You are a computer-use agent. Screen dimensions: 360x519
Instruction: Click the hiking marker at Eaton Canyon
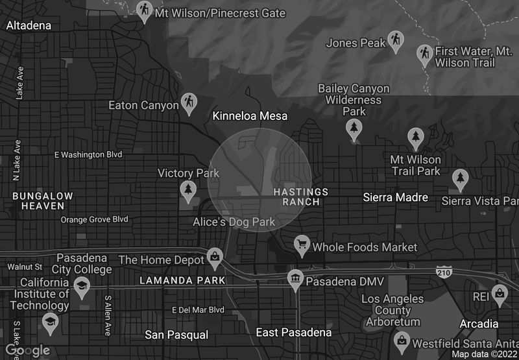tap(189, 102)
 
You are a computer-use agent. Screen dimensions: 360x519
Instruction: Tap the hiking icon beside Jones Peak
tap(396, 41)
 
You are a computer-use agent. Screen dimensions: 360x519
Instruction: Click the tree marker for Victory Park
tap(188, 189)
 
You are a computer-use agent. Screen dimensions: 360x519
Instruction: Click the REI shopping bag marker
tap(500, 293)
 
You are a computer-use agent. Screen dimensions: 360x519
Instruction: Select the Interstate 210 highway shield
tap(444, 269)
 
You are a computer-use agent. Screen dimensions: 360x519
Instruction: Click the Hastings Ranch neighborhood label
tap(296, 197)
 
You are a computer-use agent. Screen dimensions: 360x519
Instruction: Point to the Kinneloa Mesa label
tap(250, 116)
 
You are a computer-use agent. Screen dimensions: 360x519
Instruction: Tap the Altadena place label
tap(29, 25)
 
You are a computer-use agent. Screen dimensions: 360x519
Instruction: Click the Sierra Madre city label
tap(395, 197)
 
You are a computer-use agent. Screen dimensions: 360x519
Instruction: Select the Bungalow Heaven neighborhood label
tap(38, 200)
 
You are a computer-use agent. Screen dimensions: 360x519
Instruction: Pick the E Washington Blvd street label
tap(88, 154)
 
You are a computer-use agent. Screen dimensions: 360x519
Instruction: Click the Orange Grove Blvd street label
tap(94, 219)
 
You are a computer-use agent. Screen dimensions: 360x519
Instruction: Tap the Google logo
tap(28, 350)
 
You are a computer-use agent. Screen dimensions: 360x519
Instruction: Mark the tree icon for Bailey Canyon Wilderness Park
tap(354, 130)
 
